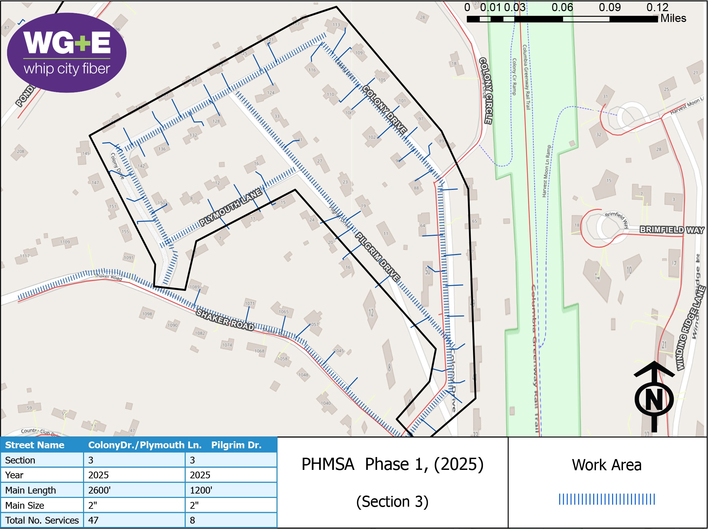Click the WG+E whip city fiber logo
(x=67, y=52)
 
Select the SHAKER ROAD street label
(x=225, y=319)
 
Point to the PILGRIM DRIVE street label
(x=377, y=257)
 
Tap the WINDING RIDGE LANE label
(x=690, y=328)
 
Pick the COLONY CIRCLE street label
(x=486, y=91)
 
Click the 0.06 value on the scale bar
(x=562, y=7)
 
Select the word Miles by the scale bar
(x=673, y=18)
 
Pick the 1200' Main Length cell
(x=201, y=490)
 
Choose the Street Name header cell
(x=35, y=445)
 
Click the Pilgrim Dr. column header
(x=236, y=445)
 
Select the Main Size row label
(x=25, y=505)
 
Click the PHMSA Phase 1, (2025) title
(x=392, y=464)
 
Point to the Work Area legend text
(x=607, y=465)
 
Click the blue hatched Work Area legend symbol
(x=607, y=499)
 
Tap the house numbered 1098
(x=147, y=314)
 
